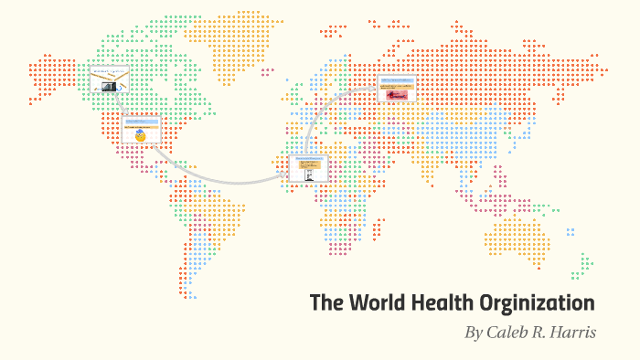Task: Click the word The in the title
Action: pos(325,302)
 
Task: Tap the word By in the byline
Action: pos(474,333)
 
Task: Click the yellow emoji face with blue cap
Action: pos(140,137)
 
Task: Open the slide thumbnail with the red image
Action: pos(397,90)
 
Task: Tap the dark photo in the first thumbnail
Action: pos(109,86)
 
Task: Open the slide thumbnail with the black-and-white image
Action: pos(307,168)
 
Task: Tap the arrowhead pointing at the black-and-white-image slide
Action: pos(284,174)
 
